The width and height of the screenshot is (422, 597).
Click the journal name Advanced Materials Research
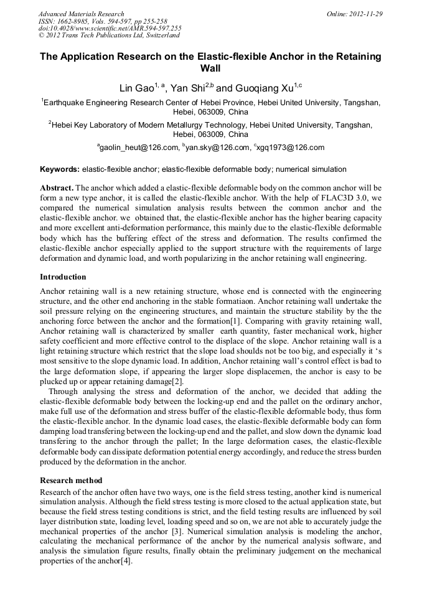(81, 14)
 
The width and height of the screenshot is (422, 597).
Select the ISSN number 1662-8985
(72, 21)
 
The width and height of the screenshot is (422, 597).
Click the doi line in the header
(110, 29)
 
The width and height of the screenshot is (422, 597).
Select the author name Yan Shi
(187, 88)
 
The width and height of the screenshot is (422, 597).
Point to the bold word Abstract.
(57, 187)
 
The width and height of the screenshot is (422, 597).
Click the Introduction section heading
(63, 276)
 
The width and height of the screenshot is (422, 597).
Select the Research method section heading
(71, 481)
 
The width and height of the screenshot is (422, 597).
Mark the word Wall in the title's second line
(211, 68)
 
